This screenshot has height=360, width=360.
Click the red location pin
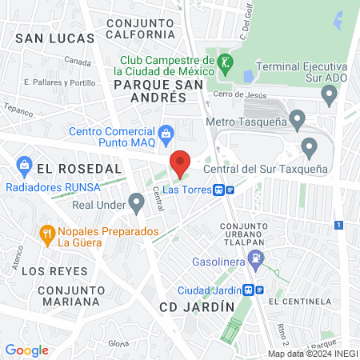[180, 164]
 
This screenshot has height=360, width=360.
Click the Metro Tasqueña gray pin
[297, 121]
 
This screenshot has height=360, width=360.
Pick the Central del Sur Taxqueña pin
[309, 147]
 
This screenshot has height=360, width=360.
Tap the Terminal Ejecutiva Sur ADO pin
[329, 96]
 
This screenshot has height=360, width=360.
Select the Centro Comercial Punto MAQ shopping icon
[166, 132]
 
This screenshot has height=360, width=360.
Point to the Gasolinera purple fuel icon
[255, 259]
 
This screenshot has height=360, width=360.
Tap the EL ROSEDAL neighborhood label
[78, 169]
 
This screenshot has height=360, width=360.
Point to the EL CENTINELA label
[300, 302]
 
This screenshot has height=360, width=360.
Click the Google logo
[26, 350]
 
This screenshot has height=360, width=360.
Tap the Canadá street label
[78, 61]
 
